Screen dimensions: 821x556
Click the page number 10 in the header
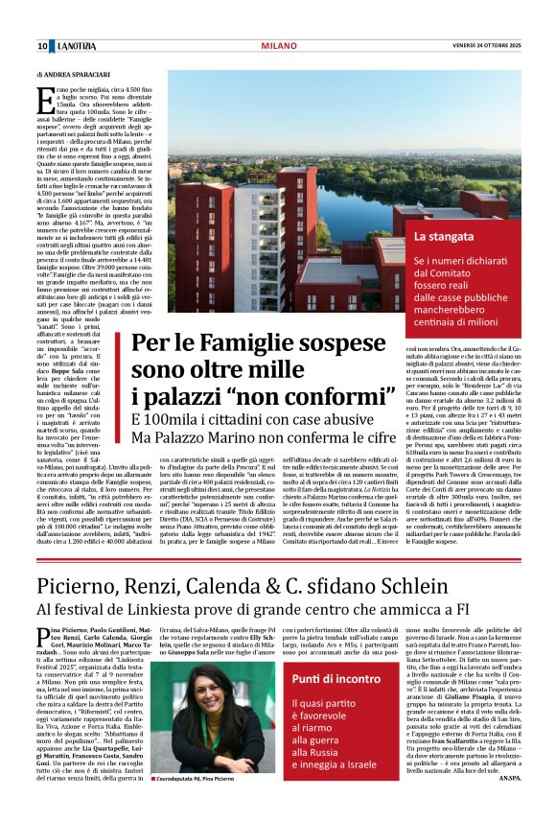(42, 45)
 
